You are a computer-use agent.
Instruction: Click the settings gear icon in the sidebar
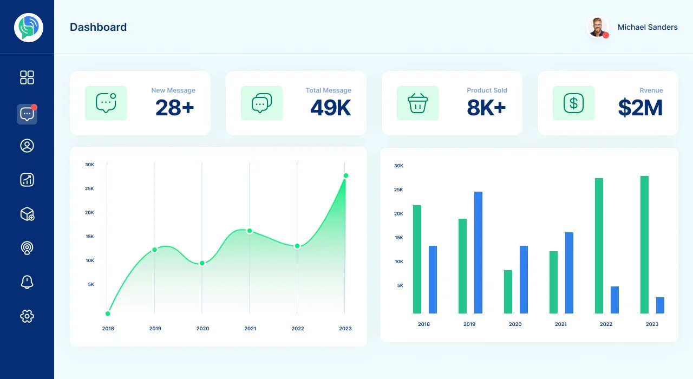(27, 316)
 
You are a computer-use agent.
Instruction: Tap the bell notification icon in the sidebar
(27, 282)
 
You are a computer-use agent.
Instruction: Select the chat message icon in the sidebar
(27, 114)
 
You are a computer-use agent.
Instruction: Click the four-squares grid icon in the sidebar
(27, 77)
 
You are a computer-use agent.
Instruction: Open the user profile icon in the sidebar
(27, 146)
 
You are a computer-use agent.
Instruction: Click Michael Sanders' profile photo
(598, 27)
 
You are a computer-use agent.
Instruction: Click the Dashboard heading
(99, 27)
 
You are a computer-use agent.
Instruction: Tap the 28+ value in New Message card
(175, 108)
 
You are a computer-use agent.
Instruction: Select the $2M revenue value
(640, 108)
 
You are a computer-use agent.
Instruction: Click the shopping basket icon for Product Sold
(417, 103)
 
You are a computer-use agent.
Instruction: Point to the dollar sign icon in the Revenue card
(573, 103)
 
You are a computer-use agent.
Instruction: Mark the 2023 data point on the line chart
(346, 176)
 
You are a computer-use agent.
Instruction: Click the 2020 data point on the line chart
(202, 263)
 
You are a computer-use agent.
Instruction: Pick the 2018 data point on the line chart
(108, 313)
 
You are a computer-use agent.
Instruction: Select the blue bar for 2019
(478, 252)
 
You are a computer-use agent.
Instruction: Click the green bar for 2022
(599, 246)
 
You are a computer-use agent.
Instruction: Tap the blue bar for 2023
(660, 305)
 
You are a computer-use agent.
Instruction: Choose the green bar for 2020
(508, 292)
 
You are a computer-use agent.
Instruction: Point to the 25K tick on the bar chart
(398, 190)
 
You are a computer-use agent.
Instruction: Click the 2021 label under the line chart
(250, 329)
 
